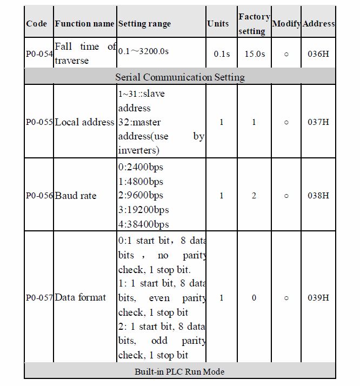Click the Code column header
point(37,24)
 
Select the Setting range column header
point(144,24)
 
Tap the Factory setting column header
point(254,24)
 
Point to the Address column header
point(319,24)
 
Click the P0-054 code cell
point(39,54)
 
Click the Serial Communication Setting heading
point(179,77)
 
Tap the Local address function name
point(84,122)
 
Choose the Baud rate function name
point(76,196)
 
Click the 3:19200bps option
point(143,210)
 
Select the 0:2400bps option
point(141,167)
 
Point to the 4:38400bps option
point(143,224)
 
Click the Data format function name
point(81,297)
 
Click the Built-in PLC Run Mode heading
point(179,372)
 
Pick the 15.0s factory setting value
point(254,54)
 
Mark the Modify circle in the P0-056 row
point(286,196)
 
